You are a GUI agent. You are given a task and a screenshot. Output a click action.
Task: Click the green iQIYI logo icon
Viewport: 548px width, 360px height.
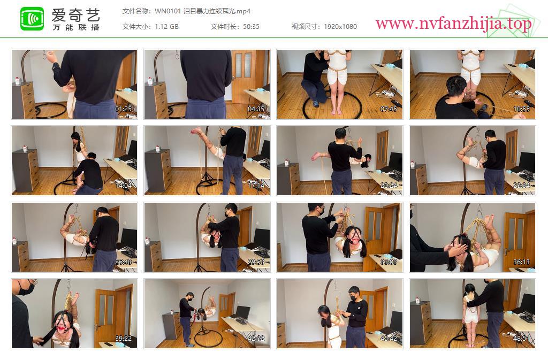coord(32,19)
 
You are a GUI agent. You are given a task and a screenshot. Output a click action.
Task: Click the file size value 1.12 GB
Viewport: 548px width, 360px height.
coord(167,27)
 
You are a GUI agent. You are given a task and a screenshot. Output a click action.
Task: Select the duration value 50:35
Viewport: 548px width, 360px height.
coord(252,27)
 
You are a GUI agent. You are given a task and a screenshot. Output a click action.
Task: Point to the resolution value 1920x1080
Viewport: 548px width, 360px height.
coord(340,27)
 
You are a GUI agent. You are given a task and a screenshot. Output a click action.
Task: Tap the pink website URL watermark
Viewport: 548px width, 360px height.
coord(454,24)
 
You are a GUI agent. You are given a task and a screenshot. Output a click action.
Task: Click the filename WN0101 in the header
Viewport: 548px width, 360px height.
coord(168,11)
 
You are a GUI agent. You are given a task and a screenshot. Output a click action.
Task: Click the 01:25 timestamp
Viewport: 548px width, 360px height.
coord(124,109)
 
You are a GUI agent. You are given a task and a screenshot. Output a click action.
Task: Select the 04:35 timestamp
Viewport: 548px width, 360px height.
coord(256,109)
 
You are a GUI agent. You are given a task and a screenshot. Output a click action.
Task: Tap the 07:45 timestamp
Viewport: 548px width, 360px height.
coord(389,109)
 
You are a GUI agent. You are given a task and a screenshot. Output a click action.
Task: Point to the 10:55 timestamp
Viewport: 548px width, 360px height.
coord(521,109)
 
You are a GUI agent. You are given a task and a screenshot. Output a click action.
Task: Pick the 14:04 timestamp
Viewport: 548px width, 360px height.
coord(124,186)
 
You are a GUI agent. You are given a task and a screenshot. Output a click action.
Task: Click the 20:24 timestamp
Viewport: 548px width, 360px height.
coord(389,186)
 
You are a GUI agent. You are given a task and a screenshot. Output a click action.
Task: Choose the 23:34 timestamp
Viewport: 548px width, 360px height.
coord(521,186)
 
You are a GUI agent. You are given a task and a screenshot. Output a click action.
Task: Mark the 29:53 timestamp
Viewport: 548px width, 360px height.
coord(256,262)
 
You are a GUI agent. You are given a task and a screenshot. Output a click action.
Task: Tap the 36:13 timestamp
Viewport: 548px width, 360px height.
coord(521,262)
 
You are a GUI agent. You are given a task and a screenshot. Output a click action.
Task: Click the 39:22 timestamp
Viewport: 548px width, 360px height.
coord(124,339)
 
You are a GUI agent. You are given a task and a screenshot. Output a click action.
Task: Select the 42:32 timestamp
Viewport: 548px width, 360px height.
coord(256,339)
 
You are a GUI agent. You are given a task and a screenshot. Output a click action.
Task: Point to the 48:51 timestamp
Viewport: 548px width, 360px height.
coord(521,339)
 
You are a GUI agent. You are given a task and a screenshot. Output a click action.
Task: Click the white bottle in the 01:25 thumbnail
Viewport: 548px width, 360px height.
coord(18,81)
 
